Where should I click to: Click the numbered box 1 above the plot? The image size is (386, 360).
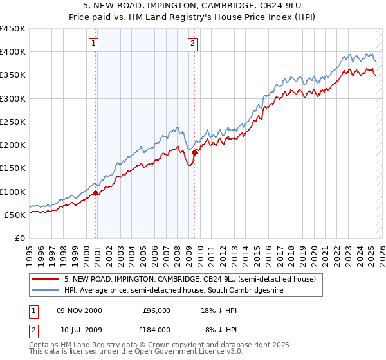point(94,44)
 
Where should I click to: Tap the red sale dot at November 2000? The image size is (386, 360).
point(96,193)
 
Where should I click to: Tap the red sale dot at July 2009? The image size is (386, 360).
point(194,152)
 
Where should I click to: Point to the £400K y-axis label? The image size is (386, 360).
point(13,52)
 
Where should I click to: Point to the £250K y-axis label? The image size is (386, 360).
point(13,122)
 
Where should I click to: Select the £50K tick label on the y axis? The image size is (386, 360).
point(15,215)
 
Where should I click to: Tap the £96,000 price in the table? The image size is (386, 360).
point(156,310)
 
